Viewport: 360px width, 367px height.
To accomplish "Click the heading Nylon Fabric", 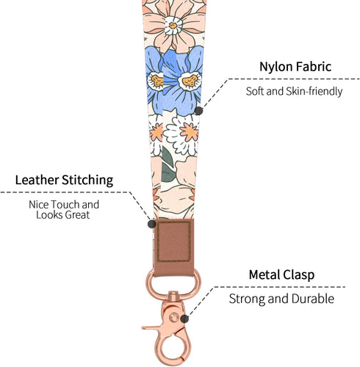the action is [x=295, y=67].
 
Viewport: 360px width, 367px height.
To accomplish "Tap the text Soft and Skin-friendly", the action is [x=294, y=91].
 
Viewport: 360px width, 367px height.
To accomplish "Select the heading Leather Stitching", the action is [x=64, y=180].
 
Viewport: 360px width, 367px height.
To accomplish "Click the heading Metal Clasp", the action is [x=281, y=275].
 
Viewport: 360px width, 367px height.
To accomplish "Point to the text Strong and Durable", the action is [x=281, y=299].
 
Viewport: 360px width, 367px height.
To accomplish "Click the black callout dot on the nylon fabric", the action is [x=198, y=111].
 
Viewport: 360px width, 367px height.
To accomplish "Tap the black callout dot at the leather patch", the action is [x=152, y=224].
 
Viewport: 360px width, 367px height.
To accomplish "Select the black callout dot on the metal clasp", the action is [x=184, y=319].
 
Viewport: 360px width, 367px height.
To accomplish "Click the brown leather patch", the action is [x=174, y=247].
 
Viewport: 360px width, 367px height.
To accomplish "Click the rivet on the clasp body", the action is [x=174, y=317].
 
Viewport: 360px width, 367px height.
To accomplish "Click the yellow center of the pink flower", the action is [x=173, y=26].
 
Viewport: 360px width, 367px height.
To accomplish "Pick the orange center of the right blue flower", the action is [x=190, y=81].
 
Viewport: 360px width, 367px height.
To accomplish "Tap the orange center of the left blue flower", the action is [x=157, y=81].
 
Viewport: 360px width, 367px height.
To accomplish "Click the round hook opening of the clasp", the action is [x=173, y=351].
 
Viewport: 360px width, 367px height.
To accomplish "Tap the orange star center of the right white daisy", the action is [x=189, y=132].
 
